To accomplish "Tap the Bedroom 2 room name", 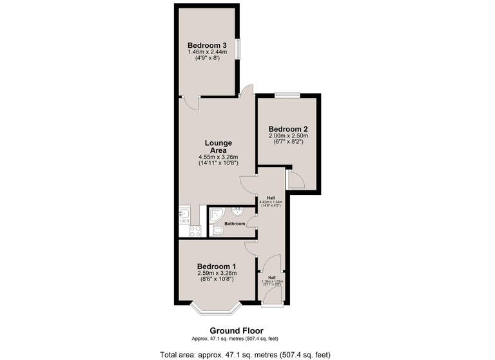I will click(x=288, y=129).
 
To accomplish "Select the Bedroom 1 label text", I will click(x=216, y=266).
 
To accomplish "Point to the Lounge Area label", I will click(x=218, y=146).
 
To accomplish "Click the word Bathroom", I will click(x=235, y=224).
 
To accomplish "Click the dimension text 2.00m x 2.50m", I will click(x=288, y=136).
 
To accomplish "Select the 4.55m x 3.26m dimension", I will click(x=218, y=157).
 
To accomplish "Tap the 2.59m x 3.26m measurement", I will click(x=216, y=274).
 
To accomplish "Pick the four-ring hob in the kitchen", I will click(x=194, y=230).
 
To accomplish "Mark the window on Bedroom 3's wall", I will click(x=238, y=50).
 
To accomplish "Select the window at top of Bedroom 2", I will click(x=287, y=95).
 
